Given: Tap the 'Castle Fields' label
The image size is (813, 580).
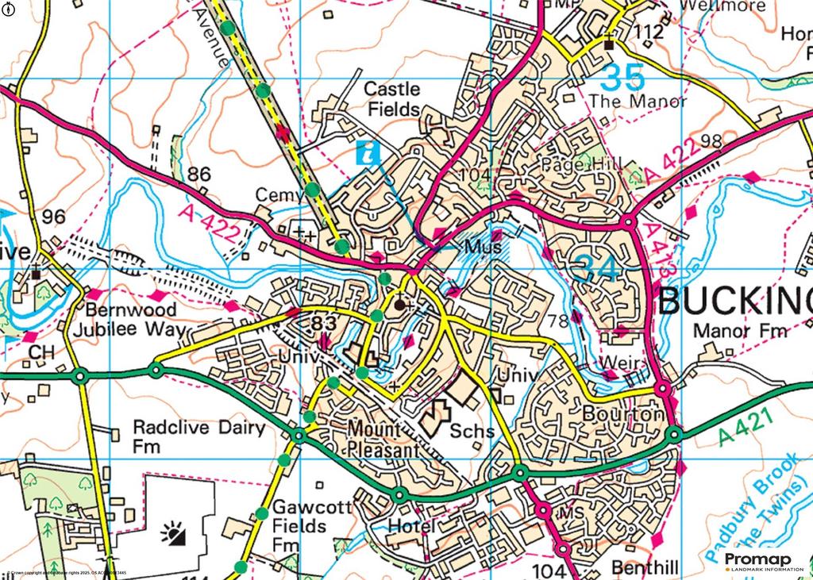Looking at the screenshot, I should click(392, 99).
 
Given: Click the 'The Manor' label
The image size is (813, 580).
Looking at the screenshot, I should click(638, 101).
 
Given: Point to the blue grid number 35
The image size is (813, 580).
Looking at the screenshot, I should click(622, 78).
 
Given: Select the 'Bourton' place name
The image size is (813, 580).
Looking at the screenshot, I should click(622, 413).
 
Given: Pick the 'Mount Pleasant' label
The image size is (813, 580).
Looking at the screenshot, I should click(383, 439).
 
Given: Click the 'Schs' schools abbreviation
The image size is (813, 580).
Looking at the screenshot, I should click(472, 432).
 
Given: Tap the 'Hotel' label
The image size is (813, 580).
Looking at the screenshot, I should click(411, 526).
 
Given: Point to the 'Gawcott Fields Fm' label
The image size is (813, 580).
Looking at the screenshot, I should click(299, 525).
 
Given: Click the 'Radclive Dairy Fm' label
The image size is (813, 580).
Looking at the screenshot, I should click(198, 436).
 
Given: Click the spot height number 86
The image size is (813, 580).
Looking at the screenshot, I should click(200, 174).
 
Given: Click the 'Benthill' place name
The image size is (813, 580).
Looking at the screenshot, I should click(645, 567).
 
